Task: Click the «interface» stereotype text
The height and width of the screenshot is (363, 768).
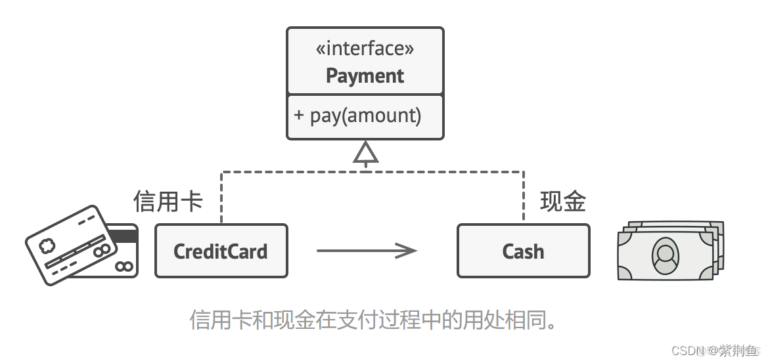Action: coord(365,49)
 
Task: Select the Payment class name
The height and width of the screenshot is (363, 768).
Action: coord(365,75)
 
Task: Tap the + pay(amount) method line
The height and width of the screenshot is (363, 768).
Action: coord(357,116)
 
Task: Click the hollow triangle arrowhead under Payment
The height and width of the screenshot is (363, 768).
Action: coord(365,153)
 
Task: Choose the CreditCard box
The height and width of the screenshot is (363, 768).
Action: coord(221,251)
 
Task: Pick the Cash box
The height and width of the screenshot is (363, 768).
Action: coord(523,251)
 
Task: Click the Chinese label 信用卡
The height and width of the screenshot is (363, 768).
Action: coord(168,202)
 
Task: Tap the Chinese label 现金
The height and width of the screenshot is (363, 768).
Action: coord(562,202)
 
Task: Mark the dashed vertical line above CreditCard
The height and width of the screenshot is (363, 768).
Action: coord(221,197)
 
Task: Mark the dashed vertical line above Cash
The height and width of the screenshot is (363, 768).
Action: coord(523,197)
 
